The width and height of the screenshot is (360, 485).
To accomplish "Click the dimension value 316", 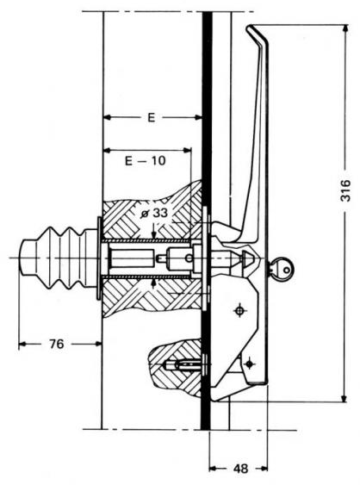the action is click(345, 190).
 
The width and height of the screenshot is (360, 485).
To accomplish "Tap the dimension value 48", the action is click(240, 469).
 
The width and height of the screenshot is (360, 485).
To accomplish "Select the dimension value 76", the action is click(57, 344).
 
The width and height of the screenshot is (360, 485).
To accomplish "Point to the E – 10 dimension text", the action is click(145, 161).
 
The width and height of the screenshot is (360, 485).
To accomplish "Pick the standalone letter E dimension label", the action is click(151, 118).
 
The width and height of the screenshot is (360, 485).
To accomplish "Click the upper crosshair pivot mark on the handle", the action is click(239, 310).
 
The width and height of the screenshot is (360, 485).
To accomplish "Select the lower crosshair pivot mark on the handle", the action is click(249, 364).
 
